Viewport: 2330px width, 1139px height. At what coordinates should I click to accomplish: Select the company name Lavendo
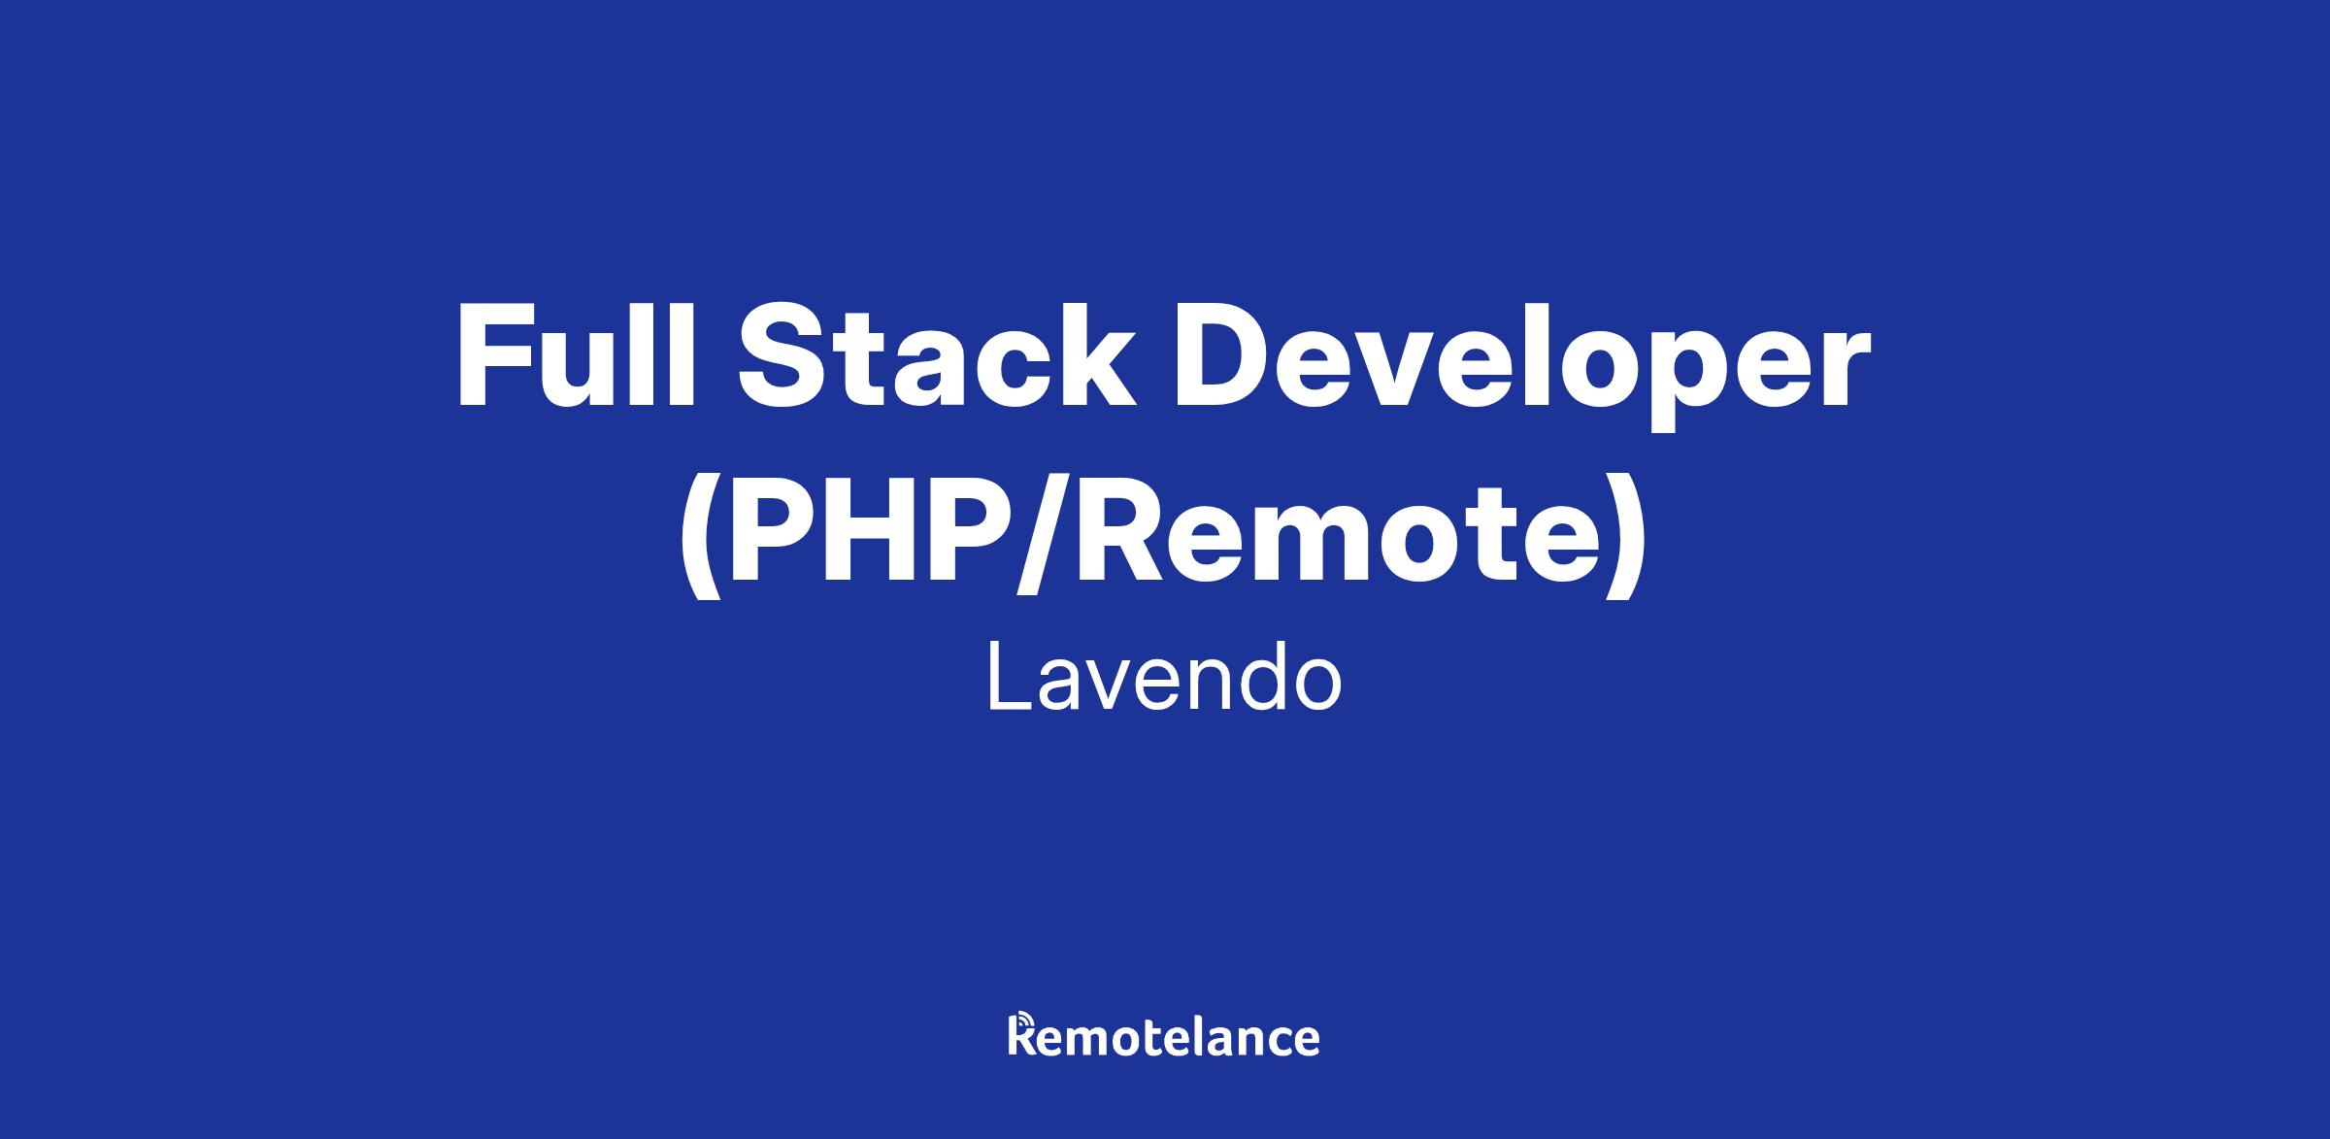[x=1164, y=679]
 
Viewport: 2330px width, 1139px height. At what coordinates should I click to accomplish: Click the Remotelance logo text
[x=1164, y=1035]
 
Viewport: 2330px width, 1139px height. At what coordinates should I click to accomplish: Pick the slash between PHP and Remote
[x=1037, y=534]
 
